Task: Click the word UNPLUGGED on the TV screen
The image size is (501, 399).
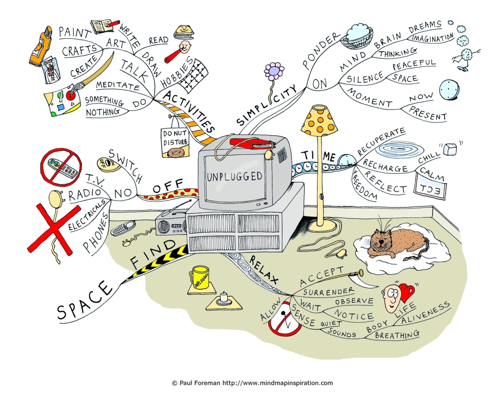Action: pos(235,176)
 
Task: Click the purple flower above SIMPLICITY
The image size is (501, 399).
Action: pos(274,72)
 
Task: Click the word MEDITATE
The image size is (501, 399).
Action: pos(118,85)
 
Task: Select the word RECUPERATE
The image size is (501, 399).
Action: pos(381,141)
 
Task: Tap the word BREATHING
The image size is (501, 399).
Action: pos(397,334)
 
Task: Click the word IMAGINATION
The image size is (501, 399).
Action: pos(432,38)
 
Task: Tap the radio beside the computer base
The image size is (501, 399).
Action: pos(171,224)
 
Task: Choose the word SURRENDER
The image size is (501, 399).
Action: pos(328,292)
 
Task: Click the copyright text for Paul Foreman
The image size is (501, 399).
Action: pos(252,383)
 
